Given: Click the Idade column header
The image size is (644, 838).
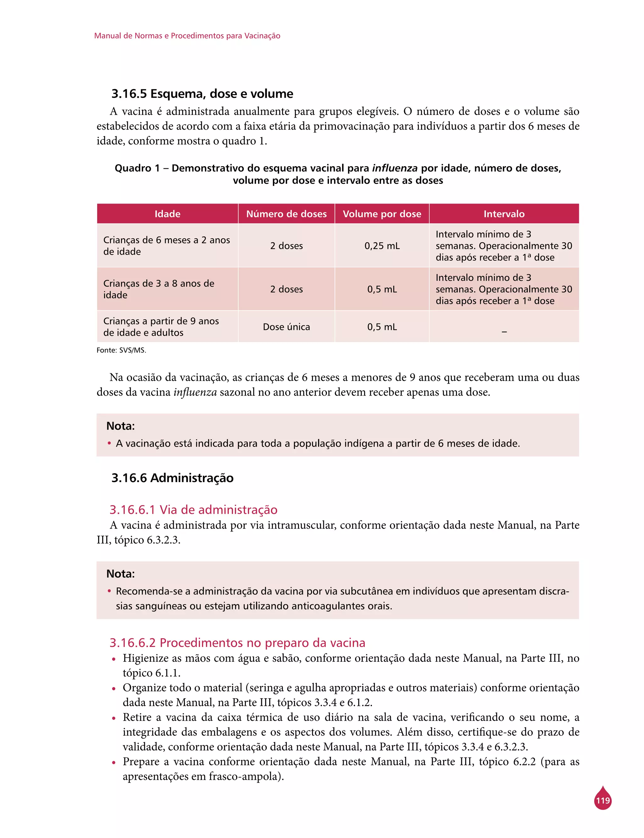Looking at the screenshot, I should pyautogui.click(x=167, y=214).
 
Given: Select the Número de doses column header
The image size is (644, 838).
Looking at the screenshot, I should pyautogui.click(x=286, y=214).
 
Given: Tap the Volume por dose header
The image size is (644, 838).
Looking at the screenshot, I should pyautogui.click(x=382, y=214).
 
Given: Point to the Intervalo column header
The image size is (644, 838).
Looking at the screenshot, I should pyautogui.click(x=504, y=214).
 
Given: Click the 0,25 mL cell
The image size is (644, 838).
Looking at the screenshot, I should pyautogui.click(x=382, y=245).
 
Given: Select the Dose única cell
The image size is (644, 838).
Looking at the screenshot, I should pyautogui.click(x=286, y=327).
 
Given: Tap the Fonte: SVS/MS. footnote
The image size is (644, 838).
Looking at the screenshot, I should pyautogui.click(x=121, y=350).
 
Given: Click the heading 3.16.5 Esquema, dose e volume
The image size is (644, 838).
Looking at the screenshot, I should pyautogui.click(x=202, y=93).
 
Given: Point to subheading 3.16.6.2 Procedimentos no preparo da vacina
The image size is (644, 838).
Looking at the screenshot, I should pyautogui.click(x=237, y=642).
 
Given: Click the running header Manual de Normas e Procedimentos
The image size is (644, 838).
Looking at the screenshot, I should pyautogui.click(x=187, y=36).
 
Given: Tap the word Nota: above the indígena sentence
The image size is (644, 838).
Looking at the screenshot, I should pyautogui.click(x=120, y=426).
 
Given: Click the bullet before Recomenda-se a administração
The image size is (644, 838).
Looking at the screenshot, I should pyautogui.click(x=109, y=591).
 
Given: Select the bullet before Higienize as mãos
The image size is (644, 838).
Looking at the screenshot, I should pyautogui.click(x=114, y=659).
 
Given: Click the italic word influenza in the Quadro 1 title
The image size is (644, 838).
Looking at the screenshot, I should pyautogui.click(x=394, y=168).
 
